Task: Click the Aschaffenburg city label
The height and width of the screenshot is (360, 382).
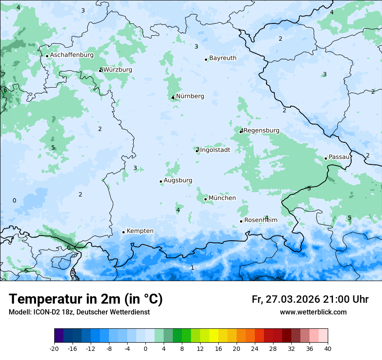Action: tap(72, 55)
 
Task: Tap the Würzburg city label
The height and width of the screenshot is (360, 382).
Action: tap(118, 70)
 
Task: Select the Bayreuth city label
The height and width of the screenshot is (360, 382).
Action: tap(223, 58)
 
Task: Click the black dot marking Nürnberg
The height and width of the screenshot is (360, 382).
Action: tap(173, 98)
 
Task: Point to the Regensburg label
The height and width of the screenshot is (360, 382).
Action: tap(261, 131)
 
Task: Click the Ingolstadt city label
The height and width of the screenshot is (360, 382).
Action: tap(215, 150)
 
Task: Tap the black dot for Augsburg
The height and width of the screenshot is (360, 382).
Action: tap(161, 181)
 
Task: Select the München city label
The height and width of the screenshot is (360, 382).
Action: tap(222, 198)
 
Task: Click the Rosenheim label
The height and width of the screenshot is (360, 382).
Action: tap(260, 220)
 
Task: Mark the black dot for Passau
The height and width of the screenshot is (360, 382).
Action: tap(326, 158)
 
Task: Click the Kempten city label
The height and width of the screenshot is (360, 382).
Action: tap(140, 231)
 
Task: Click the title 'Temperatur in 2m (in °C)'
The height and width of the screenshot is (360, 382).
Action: tap(86, 299)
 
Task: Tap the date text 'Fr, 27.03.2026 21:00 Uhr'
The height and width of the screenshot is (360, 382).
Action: tap(310, 299)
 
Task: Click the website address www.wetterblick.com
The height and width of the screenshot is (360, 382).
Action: tap(313, 312)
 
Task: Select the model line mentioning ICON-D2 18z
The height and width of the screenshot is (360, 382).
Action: tap(79, 312)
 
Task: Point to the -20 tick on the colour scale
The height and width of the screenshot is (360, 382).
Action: tap(54, 348)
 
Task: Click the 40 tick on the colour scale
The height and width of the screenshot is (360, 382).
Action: tap(327, 348)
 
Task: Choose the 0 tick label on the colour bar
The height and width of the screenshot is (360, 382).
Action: tap(145, 348)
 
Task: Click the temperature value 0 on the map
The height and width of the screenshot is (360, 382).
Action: tap(14, 200)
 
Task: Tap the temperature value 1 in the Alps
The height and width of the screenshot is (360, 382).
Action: tap(192, 268)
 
